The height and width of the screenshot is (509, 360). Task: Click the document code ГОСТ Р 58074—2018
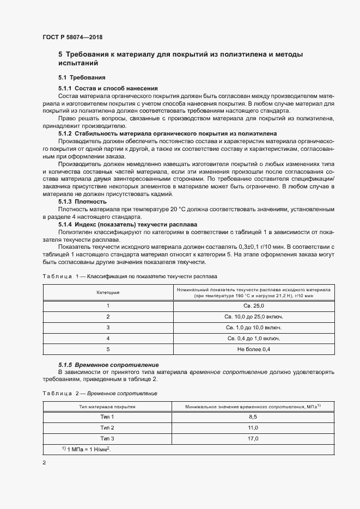(72, 38)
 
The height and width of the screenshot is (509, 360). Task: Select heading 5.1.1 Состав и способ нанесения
(108, 88)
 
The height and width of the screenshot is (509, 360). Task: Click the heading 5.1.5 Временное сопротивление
(108, 364)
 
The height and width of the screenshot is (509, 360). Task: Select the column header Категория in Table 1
(108, 293)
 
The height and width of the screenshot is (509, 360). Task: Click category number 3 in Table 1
(108, 327)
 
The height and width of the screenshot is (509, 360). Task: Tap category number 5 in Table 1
(108, 349)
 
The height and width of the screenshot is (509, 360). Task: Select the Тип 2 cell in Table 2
(107, 427)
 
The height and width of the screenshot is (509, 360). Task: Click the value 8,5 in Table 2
(253, 416)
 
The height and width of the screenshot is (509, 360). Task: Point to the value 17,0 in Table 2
(253, 438)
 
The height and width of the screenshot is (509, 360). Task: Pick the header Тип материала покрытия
(107, 406)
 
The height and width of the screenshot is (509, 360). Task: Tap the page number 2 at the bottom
(44, 463)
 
